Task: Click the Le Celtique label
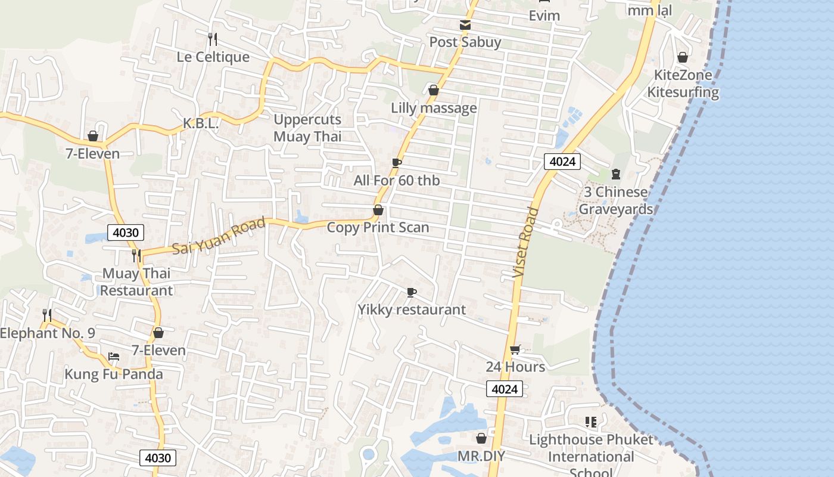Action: [x=213, y=57]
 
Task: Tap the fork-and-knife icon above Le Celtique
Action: [x=213, y=39]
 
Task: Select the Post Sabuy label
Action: [x=465, y=42]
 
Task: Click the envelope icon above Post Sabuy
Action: [x=465, y=25]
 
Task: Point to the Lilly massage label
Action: [x=434, y=108]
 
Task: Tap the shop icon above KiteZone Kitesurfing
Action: [x=683, y=58]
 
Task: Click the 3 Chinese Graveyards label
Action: [x=615, y=200]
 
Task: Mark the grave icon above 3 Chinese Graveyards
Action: [x=615, y=174]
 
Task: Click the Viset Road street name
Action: [x=525, y=242]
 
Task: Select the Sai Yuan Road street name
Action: [x=219, y=236]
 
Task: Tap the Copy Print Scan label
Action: [x=378, y=228]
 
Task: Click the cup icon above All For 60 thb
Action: [x=397, y=163]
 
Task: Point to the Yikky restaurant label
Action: [x=412, y=310]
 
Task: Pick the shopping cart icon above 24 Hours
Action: [x=515, y=350]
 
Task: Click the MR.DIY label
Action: [x=481, y=457]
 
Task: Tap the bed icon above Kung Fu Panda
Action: [x=114, y=357]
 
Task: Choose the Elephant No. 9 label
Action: [x=47, y=333]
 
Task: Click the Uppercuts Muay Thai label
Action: [x=307, y=128]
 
